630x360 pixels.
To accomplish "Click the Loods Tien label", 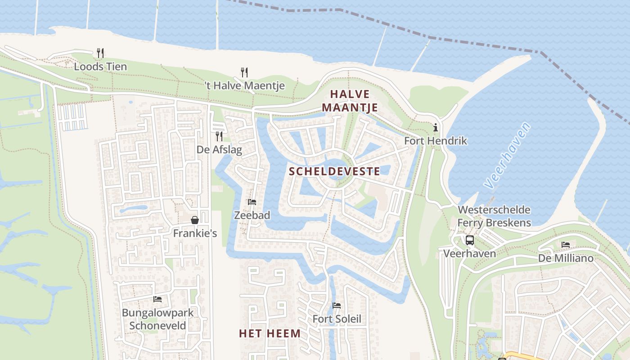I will pos(100,67).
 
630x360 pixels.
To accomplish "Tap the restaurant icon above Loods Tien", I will pos(100,53).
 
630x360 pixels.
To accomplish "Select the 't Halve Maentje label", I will pos(244,85).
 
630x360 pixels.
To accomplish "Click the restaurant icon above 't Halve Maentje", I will pos(244,72).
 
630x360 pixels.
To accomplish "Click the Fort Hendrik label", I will pos(435,141).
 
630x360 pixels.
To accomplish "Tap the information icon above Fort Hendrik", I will pos(435,128).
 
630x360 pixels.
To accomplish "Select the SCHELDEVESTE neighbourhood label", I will pos(334,171).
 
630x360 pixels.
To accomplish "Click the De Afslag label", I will pos(219,149).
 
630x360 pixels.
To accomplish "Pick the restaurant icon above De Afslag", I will pos(219,136).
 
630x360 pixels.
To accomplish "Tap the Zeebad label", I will pos(252,215).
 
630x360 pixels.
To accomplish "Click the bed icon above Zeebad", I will pos(252,202).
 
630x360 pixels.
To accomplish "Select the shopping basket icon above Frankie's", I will pos(195,220).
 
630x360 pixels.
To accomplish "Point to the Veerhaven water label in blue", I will pos(507,155).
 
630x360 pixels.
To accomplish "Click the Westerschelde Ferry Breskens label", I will pos(494,216).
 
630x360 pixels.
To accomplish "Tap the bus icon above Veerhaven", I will pos(470,240).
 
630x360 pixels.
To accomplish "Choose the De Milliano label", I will pos(566,258).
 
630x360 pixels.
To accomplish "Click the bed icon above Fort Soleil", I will pos(337,306).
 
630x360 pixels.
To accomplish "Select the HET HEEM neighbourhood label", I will pos(270,333).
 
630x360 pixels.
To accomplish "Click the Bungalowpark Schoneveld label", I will pos(157,319).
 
